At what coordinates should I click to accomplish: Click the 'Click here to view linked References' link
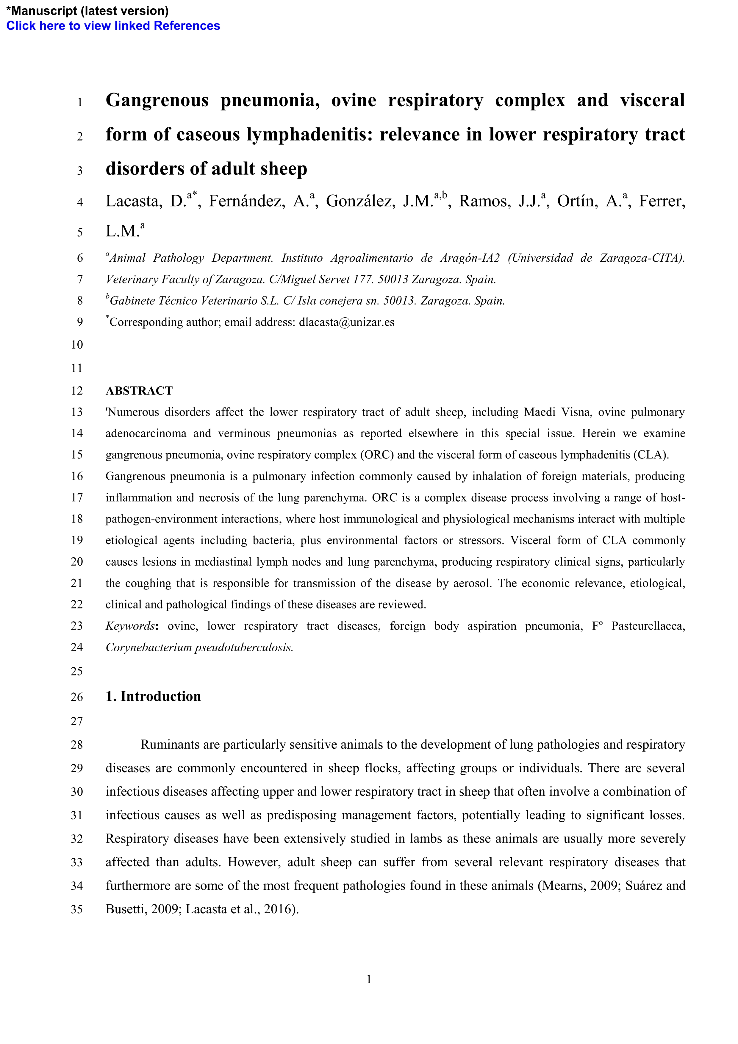click(113, 26)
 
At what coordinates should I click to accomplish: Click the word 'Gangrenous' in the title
click(157, 101)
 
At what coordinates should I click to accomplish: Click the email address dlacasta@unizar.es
click(346, 322)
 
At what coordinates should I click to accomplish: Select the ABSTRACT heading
click(139, 391)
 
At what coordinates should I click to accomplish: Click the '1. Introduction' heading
click(153, 697)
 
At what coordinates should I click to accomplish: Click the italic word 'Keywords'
click(130, 626)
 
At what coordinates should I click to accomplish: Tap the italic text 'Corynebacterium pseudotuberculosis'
click(199, 647)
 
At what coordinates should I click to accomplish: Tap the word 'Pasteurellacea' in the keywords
click(647, 626)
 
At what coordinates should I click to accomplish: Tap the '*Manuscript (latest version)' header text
click(87, 10)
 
